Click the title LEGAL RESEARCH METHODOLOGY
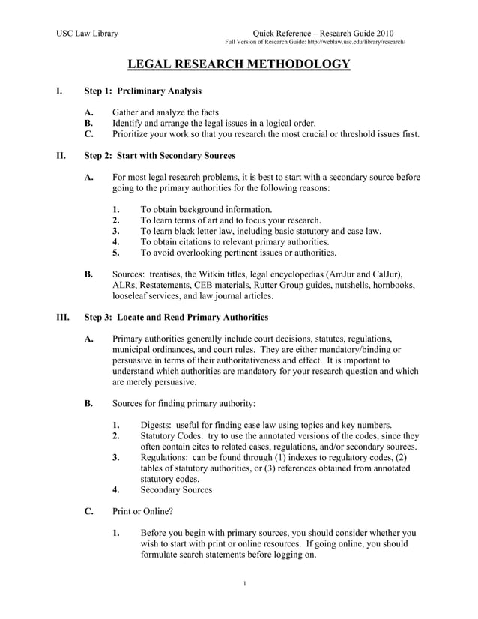coord(238,65)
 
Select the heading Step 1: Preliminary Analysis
coord(142,91)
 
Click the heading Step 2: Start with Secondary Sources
coord(160,156)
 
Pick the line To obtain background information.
coord(206,209)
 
